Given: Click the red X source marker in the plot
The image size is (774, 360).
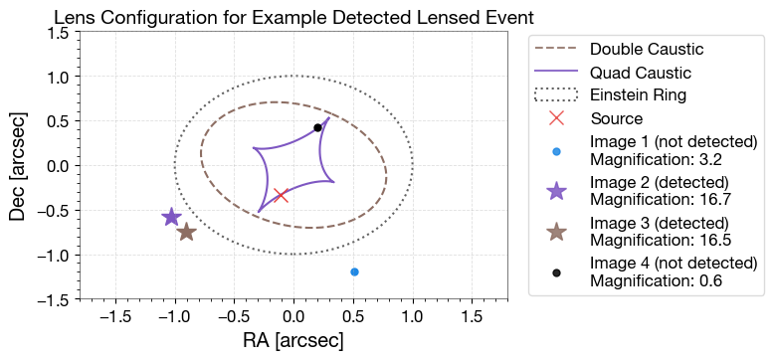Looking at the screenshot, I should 281,195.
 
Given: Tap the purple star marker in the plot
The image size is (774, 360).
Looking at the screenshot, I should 171,217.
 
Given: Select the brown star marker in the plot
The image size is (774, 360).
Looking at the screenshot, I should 186,232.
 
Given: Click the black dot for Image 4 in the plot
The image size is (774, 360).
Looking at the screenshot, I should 317,127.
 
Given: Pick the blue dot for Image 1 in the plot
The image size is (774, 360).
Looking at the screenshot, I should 354,271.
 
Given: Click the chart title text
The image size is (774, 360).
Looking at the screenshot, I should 294,17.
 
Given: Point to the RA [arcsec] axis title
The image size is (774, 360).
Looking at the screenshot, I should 293,340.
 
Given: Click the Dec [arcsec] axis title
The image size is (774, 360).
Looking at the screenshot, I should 17,165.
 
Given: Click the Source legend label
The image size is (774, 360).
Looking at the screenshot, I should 616,117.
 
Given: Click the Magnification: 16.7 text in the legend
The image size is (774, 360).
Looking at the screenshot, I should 659,198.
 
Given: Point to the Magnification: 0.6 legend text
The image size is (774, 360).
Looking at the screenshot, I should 656,280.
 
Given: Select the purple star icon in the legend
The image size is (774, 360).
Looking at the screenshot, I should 556,190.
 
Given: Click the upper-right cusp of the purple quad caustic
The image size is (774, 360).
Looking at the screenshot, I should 329,117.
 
